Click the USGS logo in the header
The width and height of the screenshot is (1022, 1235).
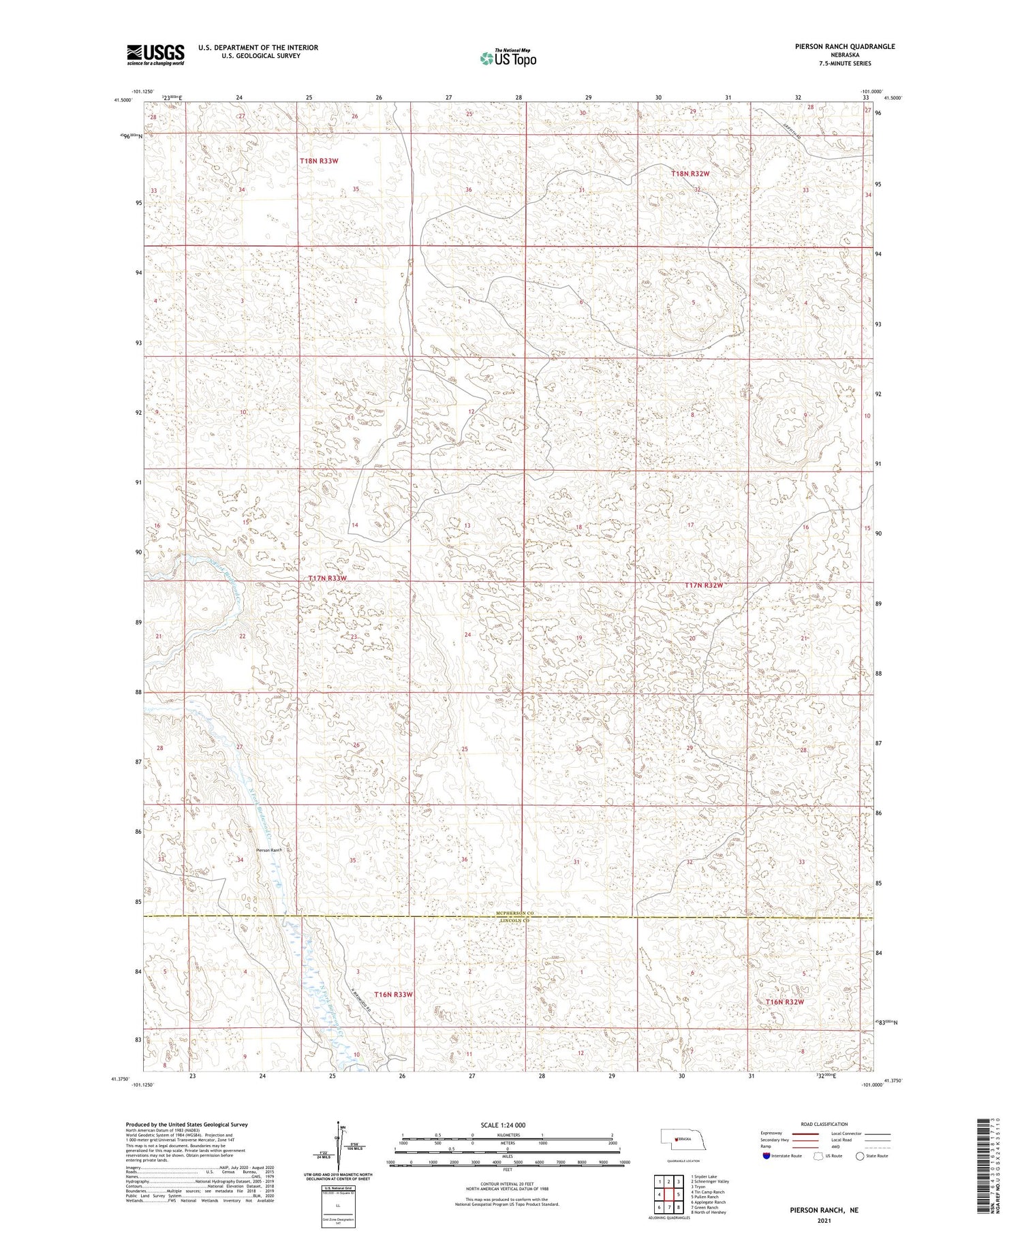155,54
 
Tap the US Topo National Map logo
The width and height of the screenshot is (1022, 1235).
508,59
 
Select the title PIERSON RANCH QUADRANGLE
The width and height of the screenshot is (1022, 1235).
835,47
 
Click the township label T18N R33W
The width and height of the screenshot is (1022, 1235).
319,161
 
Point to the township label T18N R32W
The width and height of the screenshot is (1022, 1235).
690,174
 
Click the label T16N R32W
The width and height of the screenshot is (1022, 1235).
784,1002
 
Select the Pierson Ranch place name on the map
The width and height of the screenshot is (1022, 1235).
268,850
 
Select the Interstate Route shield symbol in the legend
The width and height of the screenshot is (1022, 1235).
766,1156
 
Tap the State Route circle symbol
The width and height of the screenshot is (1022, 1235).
860,1156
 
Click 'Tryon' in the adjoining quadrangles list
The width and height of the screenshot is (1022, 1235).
700,1187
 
